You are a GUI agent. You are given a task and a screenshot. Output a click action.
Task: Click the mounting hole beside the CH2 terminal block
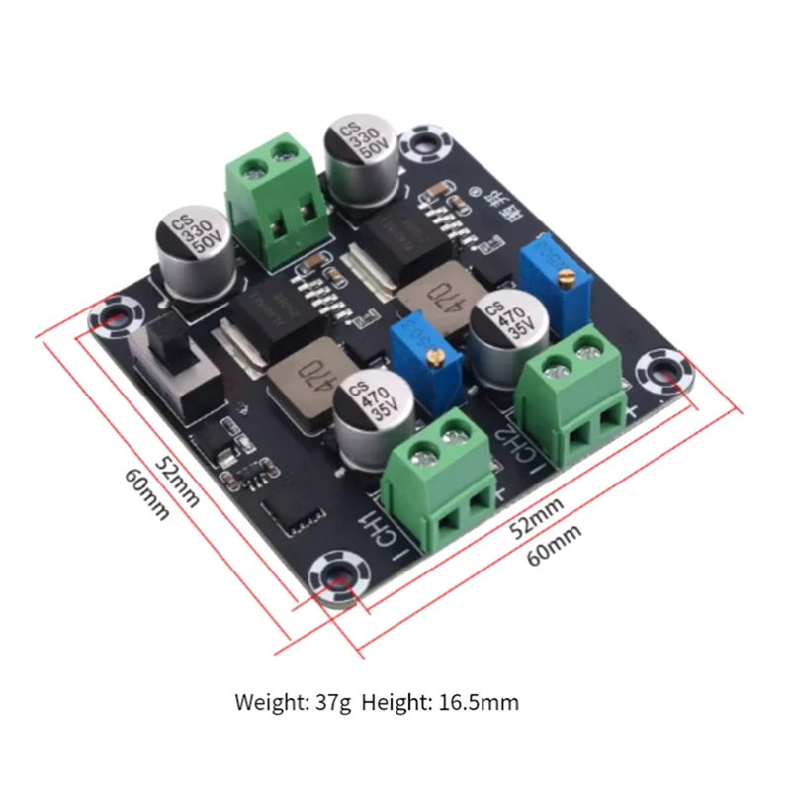coord(659,374)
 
